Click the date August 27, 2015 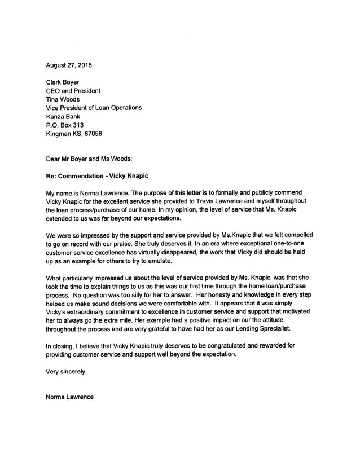tap(68, 65)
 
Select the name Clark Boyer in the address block tap(62, 82)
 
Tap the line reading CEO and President tap(73, 91)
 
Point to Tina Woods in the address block tap(63, 99)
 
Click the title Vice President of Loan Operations tap(93, 108)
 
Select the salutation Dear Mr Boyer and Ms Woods tap(89, 159)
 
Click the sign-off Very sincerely tap(67, 371)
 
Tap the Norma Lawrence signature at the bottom tap(69, 397)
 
